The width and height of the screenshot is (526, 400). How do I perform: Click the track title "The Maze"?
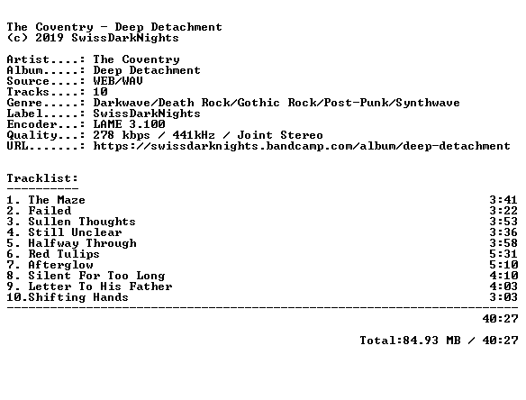tap(57, 200)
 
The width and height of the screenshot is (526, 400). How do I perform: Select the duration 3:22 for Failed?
tap(503, 211)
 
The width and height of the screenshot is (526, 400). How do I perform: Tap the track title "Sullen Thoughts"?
tap(82, 222)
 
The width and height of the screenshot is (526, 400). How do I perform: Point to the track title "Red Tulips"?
tap(64, 254)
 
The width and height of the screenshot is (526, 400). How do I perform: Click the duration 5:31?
tap(503, 254)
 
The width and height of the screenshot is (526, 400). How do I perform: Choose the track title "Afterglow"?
tap(60, 265)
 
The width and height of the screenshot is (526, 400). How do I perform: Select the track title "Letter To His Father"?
tap(100, 286)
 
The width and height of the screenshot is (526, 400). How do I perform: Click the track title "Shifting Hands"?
tap(78, 297)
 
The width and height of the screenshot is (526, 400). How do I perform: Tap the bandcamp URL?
tap(302, 146)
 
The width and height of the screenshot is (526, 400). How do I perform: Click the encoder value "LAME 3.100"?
tap(129, 124)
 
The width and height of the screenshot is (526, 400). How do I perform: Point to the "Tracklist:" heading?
tap(42, 178)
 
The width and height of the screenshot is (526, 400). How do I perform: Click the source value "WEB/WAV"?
tap(118, 81)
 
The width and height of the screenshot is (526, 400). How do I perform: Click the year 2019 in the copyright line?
tap(50, 38)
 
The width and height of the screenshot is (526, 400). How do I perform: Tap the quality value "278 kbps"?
tap(122, 135)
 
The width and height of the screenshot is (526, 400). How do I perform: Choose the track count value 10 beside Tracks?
tap(100, 92)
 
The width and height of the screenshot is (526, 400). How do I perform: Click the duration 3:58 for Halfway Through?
tap(503, 243)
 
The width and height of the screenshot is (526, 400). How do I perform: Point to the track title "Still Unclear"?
tap(75, 232)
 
